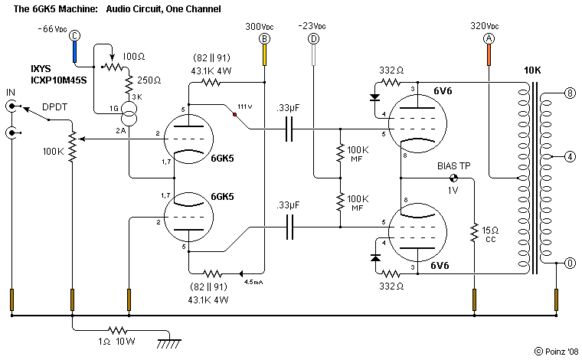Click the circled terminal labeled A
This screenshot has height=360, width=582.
click(488, 38)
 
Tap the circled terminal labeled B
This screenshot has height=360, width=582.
click(265, 38)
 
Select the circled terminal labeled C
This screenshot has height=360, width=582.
click(74, 35)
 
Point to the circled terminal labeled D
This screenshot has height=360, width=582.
click(313, 38)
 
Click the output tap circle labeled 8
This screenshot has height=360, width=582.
click(570, 93)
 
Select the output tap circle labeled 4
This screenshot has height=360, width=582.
click(570, 158)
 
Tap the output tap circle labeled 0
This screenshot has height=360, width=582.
click(570, 263)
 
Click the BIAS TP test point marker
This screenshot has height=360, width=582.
click(453, 178)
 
